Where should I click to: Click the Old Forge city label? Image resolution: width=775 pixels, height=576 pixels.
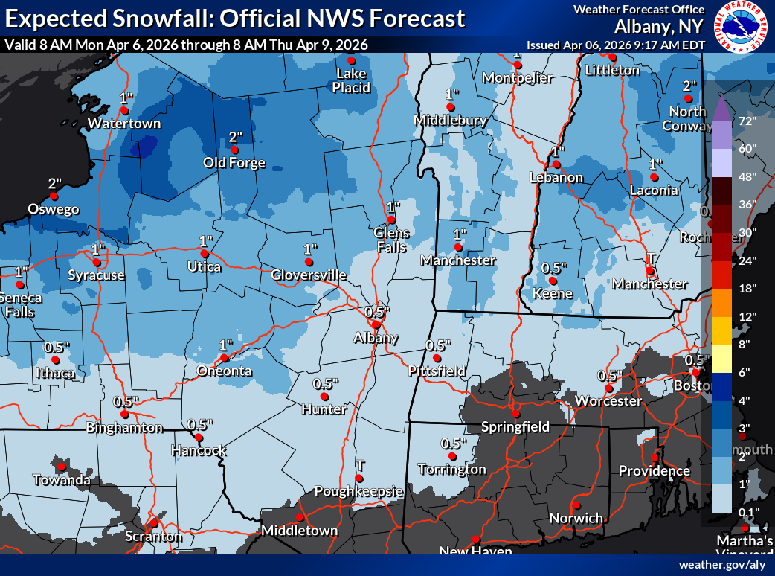click(235, 162)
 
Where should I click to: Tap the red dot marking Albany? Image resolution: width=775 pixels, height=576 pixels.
click(376, 324)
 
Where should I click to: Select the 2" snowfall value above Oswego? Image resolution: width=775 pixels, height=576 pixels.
click(54, 183)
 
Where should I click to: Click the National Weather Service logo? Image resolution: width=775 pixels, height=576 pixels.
click(740, 27)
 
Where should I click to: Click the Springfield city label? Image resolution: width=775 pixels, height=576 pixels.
click(515, 426)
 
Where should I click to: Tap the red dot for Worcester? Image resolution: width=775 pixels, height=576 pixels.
click(609, 388)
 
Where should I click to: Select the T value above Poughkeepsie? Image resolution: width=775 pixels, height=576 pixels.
click(360, 465)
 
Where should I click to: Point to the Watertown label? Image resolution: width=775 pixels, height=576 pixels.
click(124, 123)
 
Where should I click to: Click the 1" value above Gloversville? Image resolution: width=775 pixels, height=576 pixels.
click(310, 249)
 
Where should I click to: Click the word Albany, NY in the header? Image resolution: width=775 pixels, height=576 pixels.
click(658, 27)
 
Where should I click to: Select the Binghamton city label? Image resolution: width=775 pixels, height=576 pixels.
click(124, 428)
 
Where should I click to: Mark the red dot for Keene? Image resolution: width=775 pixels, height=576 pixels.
click(553, 281)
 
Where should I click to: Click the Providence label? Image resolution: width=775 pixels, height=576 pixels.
click(654, 471)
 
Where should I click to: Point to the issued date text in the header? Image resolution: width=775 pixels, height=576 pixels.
click(615, 45)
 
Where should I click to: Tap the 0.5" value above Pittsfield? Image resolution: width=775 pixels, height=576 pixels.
click(439, 345)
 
